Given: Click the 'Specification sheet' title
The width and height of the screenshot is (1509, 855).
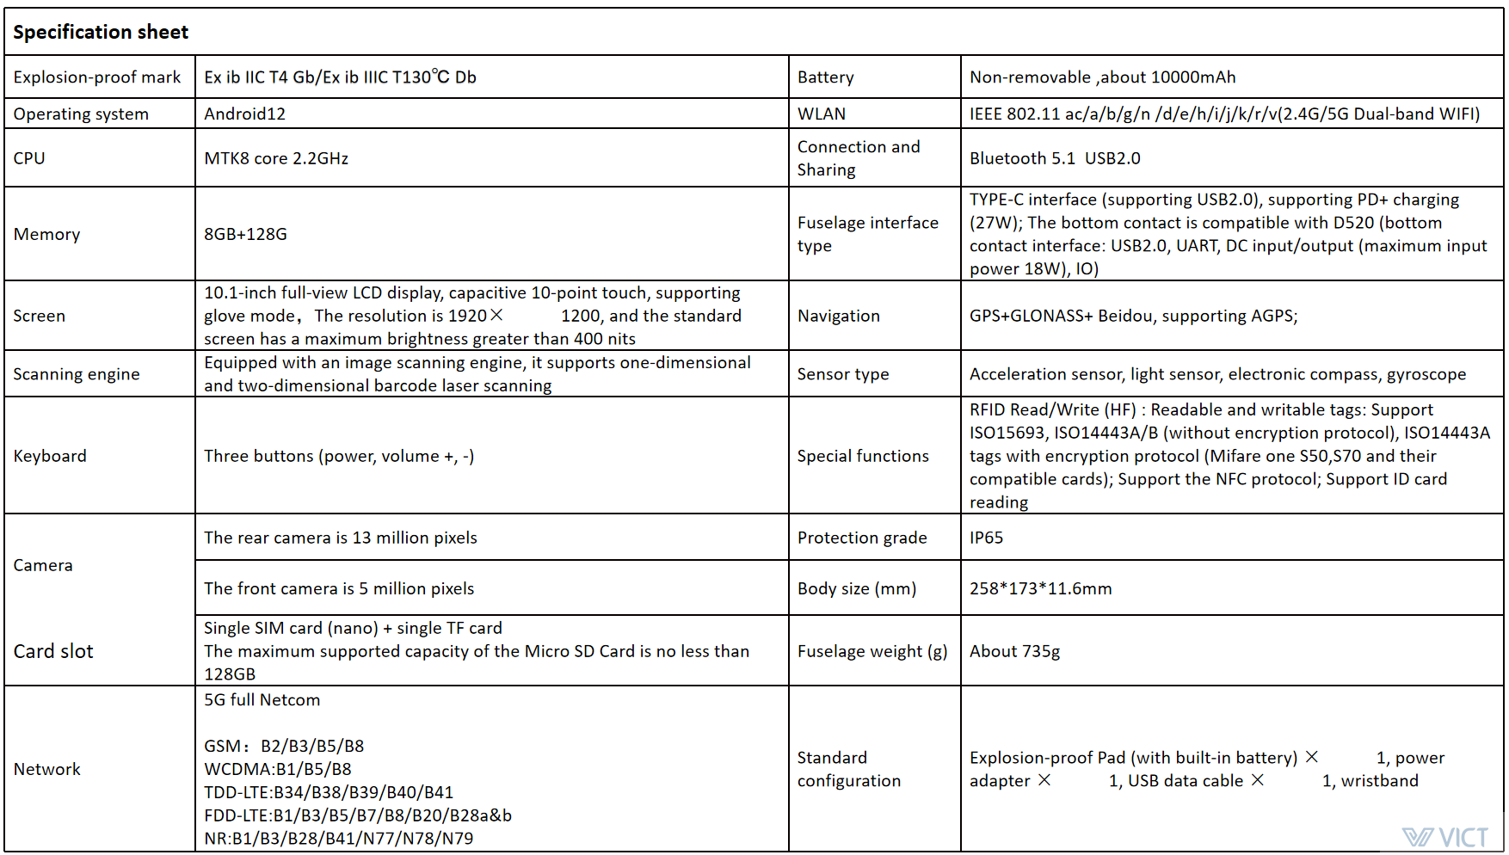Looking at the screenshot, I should click(x=101, y=33).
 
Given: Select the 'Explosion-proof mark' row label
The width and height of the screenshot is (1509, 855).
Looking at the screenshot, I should click(x=97, y=77).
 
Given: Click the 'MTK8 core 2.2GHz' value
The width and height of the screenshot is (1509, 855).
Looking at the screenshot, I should click(x=276, y=158).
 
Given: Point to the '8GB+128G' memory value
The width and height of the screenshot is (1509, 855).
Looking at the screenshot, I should click(x=245, y=234).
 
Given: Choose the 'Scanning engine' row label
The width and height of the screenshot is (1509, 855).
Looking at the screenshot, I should click(x=77, y=374).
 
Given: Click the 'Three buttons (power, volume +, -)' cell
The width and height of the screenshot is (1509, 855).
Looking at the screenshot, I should click(x=339, y=456).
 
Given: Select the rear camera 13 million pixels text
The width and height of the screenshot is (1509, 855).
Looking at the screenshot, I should click(x=341, y=538).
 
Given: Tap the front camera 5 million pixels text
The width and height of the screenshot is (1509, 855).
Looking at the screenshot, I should click(x=339, y=588).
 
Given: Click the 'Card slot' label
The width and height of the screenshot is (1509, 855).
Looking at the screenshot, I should click(x=53, y=651).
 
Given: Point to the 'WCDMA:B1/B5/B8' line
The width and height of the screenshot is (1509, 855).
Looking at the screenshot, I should click(x=278, y=769).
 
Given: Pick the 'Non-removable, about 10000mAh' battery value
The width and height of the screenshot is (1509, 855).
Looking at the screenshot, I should click(x=1102, y=77).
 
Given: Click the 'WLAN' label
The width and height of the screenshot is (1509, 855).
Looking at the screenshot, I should click(x=822, y=114).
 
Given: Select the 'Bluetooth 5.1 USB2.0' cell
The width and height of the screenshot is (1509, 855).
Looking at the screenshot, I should click(x=1055, y=158).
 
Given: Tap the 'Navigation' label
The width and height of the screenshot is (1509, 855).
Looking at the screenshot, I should click(x=839, y=316).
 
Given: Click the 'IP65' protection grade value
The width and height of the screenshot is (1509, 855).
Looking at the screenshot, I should click(x=986, y=538).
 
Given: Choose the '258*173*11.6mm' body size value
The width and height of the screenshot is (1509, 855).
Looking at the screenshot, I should click(x=1040, y=588).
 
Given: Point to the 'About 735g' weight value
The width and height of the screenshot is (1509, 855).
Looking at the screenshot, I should click(x=1014, y=651).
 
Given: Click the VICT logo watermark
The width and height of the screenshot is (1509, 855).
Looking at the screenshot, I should click(x=1445, y=837).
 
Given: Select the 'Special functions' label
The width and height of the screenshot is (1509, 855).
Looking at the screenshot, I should click(x=863, y=456).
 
